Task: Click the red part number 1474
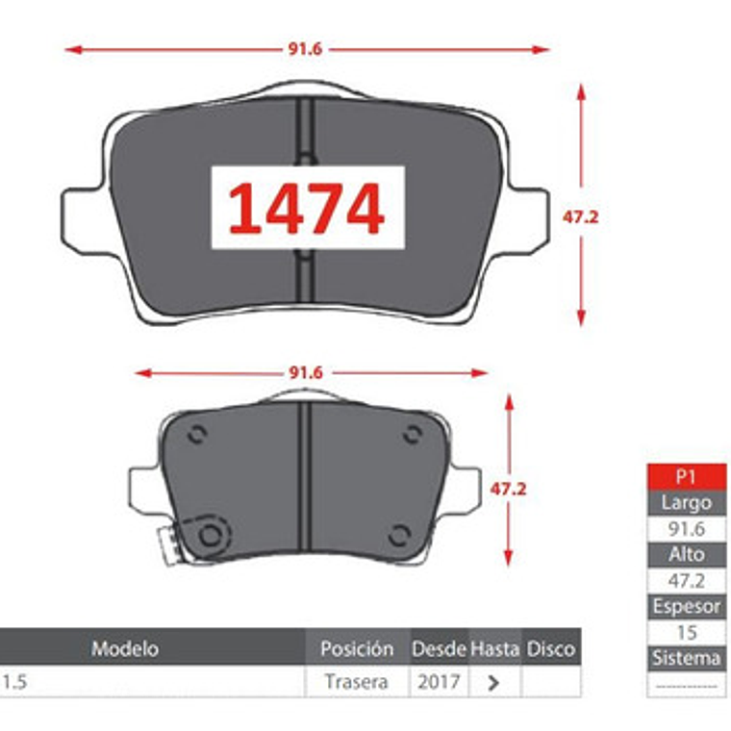pyautogui.click(x=306, y=209)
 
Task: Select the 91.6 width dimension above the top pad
pyautogui.click(x=305, y=49)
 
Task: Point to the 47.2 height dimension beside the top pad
pyautogui.click(x=580, y=216)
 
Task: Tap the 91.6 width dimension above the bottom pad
pyautogui.click(x=306, y=373)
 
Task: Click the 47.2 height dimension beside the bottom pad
pyautogui.click(x=508, y=489)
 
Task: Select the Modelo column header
pyautogui.click(x=125, y=648)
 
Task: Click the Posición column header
pyautogui.click(x=357, y=648)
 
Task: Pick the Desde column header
pyautogui.click(x=440, y=649)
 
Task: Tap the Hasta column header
pyautogui.click(x=495, y=649)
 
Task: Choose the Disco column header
pyautogui.click(x=551, y=649)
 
